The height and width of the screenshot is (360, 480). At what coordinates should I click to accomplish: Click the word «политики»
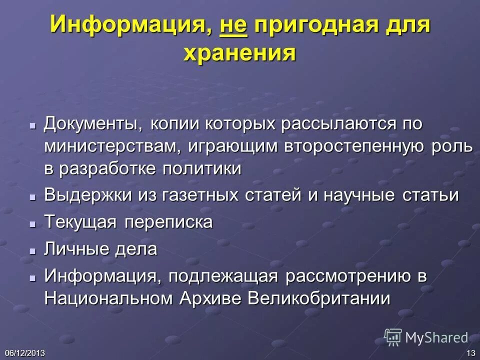coord(201,168)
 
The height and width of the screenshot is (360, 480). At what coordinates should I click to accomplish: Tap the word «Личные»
coord(73,248)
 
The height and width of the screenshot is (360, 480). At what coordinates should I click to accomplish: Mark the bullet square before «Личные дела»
coord(32,249)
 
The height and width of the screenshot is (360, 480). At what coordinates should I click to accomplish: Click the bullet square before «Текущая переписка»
coord(32,223)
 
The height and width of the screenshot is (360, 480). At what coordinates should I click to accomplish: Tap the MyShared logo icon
coord(393,337)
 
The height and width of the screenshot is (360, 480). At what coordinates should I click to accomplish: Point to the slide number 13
coord(470,353)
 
